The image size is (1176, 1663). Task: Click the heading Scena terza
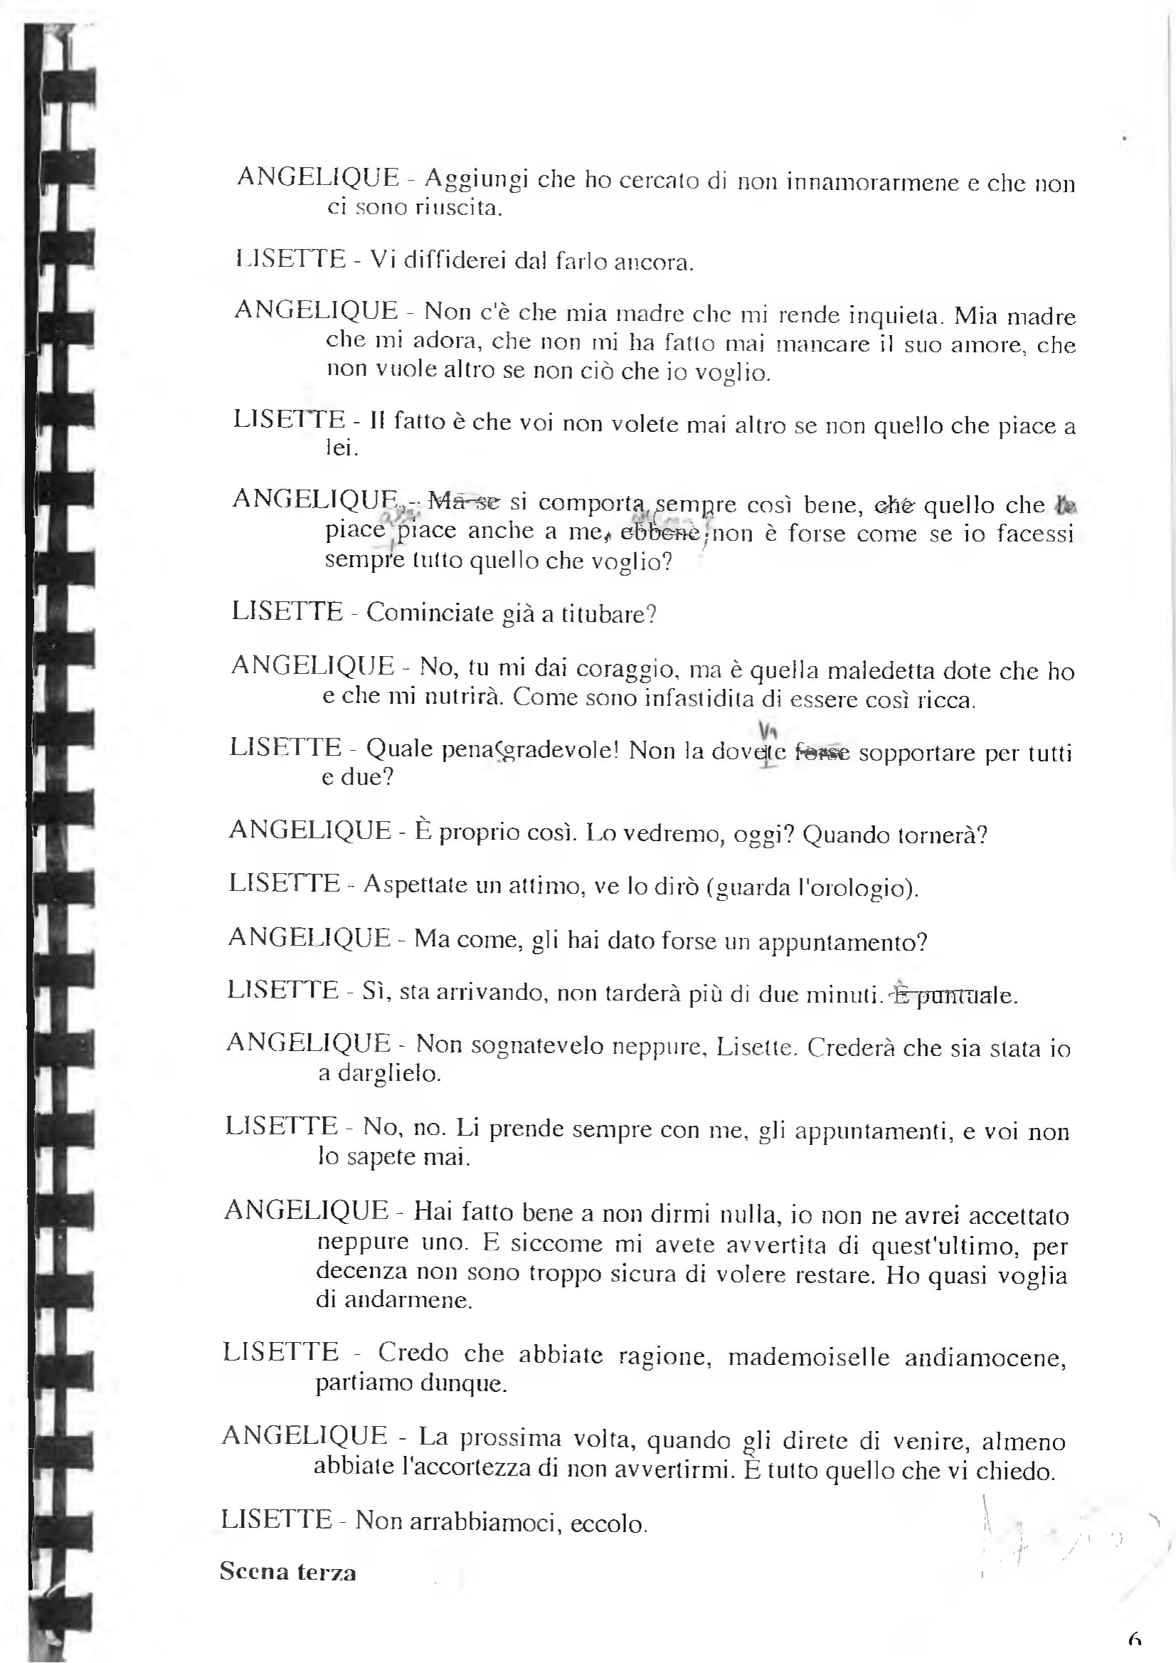(287, 1573)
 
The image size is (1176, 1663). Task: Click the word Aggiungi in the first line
(476, 179)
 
